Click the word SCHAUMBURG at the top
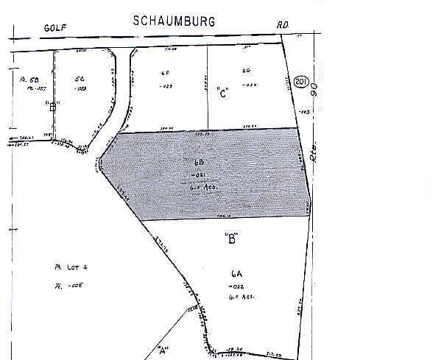[x=174, y=21]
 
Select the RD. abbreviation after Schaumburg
[x=283, y=24]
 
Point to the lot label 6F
[x=166, y=73]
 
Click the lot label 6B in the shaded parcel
[x=199, y=161]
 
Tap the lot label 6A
[x=236, y=272]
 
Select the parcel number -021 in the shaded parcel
[x=200, y=174]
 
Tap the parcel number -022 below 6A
[x=236, y=284]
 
